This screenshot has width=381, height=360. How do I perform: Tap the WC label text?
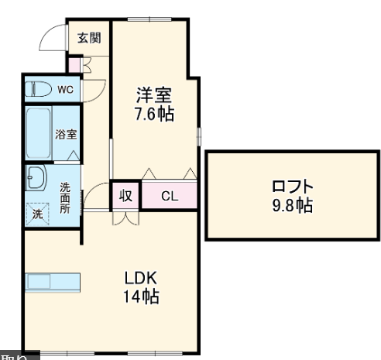point(66,90)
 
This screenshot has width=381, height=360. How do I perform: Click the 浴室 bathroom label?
point(65,134)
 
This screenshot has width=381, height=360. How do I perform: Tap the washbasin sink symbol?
point(36,179)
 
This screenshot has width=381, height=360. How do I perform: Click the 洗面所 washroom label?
point(66,197)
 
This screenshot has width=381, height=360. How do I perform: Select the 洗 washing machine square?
point(37,214)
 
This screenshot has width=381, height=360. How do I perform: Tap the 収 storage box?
point(125,196)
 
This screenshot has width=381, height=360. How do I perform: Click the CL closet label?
point(169,196)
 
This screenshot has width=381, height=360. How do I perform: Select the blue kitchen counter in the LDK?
point(53,280)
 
